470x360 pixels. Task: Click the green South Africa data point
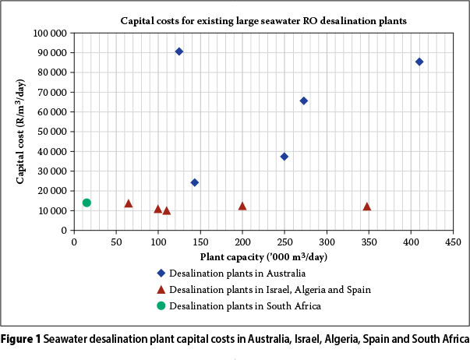coord(87,203)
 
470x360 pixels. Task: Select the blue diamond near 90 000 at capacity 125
coord(179,51)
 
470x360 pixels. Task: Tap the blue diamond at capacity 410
coord(419,62)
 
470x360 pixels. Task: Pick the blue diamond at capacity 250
coord(284,157)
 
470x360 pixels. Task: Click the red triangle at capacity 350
coord(367,206)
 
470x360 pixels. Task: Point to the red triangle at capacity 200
coord(242,206)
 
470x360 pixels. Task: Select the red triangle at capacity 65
coord(129,203)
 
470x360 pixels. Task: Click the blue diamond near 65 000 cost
coord(304,101)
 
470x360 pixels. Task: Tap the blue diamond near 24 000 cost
coord(195,182)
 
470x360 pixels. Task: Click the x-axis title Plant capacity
coord(263,256)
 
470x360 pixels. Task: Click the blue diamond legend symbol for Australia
coord(160,274)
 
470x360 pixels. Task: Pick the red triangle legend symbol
coord(160,290)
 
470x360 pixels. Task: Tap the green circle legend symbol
coord(160,306)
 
